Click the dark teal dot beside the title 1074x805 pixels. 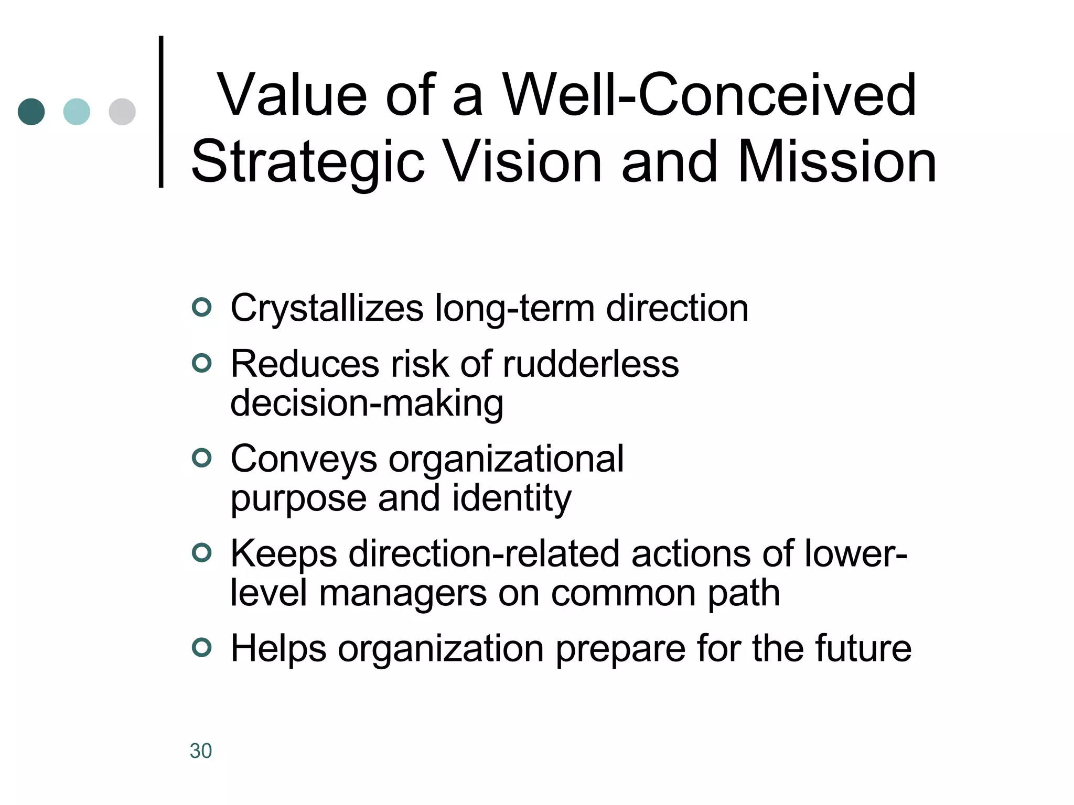point(31,112)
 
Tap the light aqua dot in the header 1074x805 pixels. point(77,112)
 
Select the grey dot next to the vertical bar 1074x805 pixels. point(122,112)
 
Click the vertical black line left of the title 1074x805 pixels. point(161,111)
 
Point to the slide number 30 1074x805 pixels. point(201,751)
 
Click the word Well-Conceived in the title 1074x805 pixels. point(710,95)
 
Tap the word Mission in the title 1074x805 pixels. point(836,162)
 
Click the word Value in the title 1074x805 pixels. point(292,95)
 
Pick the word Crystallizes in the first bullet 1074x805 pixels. point(327,309)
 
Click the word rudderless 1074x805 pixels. point(590,364)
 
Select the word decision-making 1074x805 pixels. point(367,404)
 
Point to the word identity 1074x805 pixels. point(511,498)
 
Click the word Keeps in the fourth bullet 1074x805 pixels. point(284,554)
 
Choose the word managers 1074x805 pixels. point(403,593)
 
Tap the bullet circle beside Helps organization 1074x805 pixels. point(202,648)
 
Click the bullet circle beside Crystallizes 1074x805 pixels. point(202,307)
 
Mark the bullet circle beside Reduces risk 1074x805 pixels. point(202,363)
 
